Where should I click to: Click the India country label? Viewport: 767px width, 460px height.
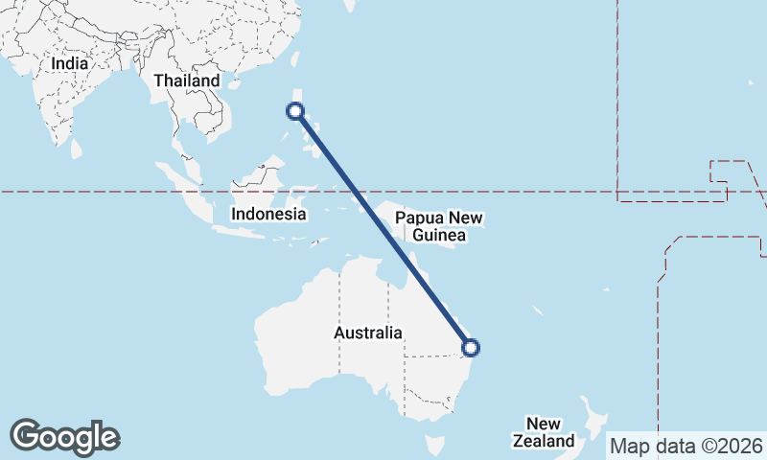[70, 63]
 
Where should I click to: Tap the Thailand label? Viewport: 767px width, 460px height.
[187, 81]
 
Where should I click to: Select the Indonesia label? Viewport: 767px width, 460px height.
[269, 214]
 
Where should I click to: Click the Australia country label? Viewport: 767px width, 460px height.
[367, 333]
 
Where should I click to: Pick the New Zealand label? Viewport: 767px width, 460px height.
[544, 432]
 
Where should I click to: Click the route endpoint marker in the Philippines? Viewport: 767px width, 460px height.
[296, 111]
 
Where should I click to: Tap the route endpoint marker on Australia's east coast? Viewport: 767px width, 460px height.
[471, 348]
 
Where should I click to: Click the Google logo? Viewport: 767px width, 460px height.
[64, 436]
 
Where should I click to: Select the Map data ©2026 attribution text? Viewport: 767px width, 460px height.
[686, 446]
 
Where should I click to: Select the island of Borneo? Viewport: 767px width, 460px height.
[254, 182]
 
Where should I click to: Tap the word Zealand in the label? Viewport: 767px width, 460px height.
[544, 441]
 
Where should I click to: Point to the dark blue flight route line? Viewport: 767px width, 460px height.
[383, 230]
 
